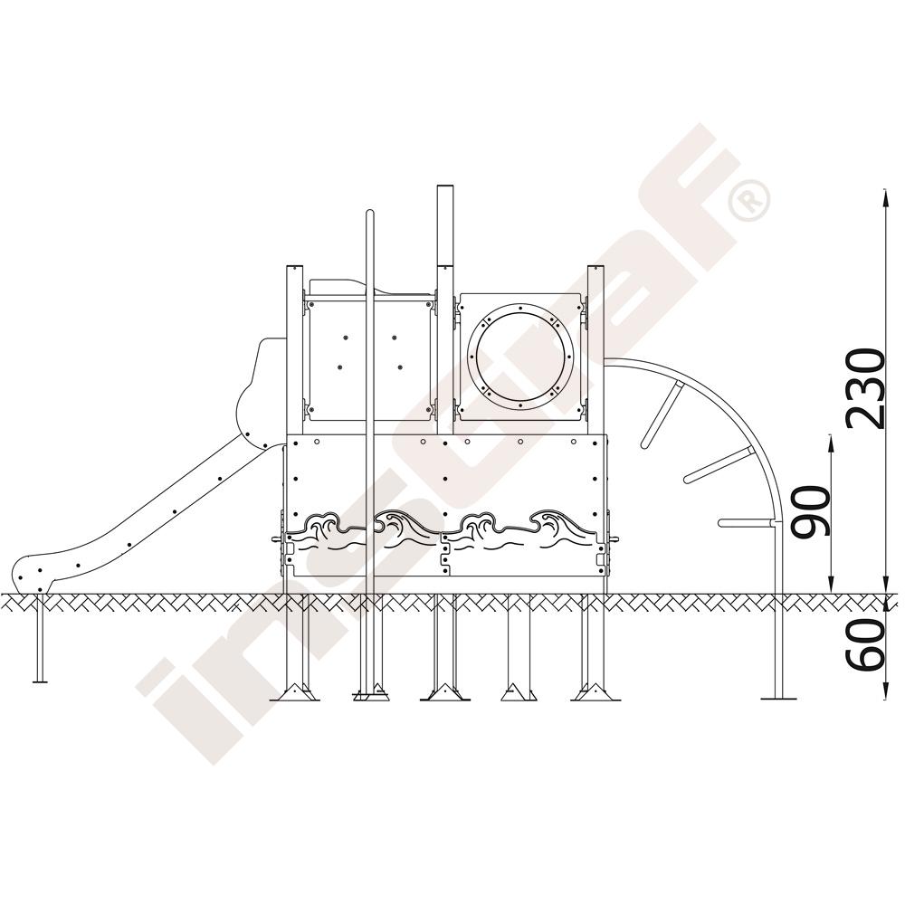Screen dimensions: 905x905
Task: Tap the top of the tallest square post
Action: coord(445,187)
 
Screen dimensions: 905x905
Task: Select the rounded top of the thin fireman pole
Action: coord(370,213)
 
